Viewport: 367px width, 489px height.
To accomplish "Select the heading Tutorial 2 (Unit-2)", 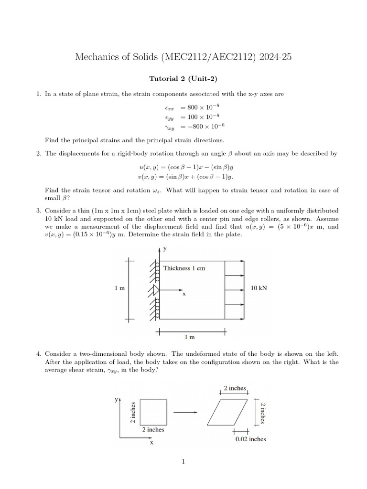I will [x=183, y=78].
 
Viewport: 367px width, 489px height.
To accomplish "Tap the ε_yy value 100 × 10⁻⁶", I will [x=199, y=117].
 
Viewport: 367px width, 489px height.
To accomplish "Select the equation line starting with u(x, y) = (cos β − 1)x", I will [x=183, y=168].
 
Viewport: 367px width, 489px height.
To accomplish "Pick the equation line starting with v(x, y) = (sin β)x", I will [x=183, y=177].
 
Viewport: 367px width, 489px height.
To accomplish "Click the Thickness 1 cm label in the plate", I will [x=184, y=268].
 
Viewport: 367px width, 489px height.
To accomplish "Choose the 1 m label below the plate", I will [x=190, y=337].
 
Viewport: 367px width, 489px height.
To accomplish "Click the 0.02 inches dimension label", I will [x=251, y=439].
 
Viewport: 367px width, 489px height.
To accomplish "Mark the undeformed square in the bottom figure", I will [x=153, y=411].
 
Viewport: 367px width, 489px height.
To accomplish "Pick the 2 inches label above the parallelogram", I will [x=235, y=388].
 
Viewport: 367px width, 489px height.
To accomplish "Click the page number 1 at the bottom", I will [x=183, y=462].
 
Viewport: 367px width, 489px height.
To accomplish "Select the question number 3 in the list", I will [x=38, y=210].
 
